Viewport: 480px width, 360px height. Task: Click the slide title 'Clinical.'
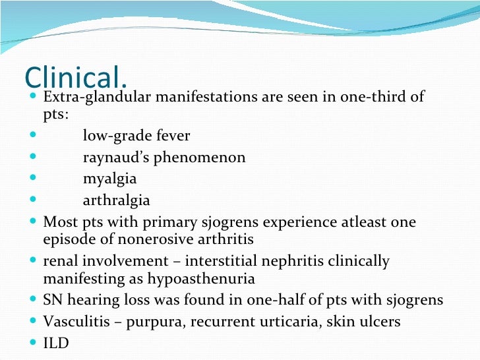click(x=76, y=77)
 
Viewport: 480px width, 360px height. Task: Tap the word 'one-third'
click(x=373, y=98)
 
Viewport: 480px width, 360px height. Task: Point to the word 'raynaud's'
click(x=115, y=158)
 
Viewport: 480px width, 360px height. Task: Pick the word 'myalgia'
click(x=109, y=179)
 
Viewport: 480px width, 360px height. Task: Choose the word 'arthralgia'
click(x=116, y=200)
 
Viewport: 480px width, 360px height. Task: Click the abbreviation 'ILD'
click(x=55, y=343)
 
